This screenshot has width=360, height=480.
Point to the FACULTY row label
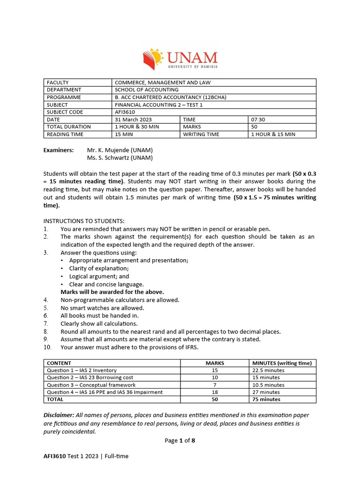58,82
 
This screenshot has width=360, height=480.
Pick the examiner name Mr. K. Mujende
120,150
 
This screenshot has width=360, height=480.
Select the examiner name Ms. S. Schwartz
120,158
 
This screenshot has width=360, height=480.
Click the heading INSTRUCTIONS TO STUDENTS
84,221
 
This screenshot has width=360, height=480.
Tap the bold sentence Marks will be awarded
112,292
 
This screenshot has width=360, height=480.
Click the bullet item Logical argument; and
99,277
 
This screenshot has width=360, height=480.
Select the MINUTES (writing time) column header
282,363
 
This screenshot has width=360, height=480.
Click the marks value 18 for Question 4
215,392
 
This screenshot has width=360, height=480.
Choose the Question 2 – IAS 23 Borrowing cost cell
90,377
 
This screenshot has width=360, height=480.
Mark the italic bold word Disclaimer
59,415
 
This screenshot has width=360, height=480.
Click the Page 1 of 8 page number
180,441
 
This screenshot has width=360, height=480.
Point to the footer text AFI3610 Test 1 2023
86,456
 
